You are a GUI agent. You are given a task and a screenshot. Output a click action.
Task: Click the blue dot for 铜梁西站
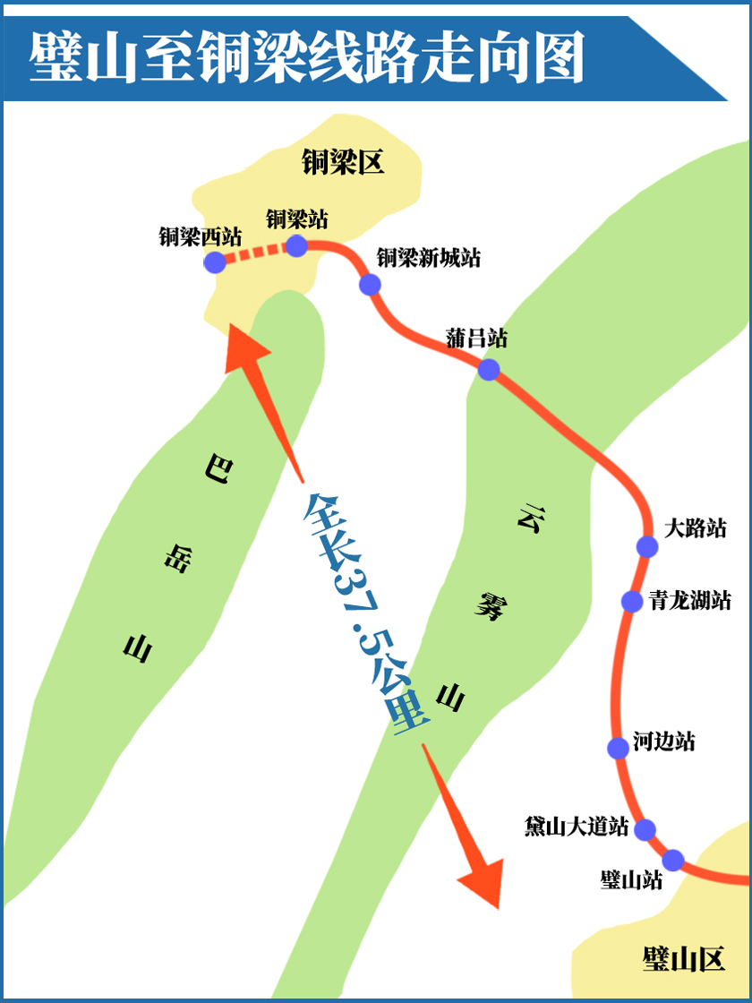(x=215, y=261)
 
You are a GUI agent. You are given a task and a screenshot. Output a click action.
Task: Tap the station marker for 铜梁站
(x=296, y=245)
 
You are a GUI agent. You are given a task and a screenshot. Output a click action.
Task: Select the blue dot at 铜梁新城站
(x=370, y=285)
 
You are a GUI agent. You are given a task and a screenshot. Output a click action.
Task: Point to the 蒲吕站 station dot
(x=489, y=369)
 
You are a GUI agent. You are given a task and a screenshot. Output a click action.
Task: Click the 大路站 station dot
(x=647, y=546)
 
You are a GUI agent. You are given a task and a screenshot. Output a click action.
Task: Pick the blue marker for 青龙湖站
(x=632, y=601)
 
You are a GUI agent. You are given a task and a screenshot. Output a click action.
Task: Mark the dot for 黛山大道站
(x=645, y=829)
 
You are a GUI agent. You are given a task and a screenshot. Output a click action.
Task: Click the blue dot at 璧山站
(x=673, y=860)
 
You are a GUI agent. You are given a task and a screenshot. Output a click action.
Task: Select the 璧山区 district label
(x=682, y=959)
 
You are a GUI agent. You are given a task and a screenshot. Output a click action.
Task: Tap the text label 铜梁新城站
(x=428, y=258)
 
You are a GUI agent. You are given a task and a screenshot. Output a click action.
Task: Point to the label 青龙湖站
(x=690, y=600)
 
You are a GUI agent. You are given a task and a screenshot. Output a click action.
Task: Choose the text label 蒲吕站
(x=476, y=339)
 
